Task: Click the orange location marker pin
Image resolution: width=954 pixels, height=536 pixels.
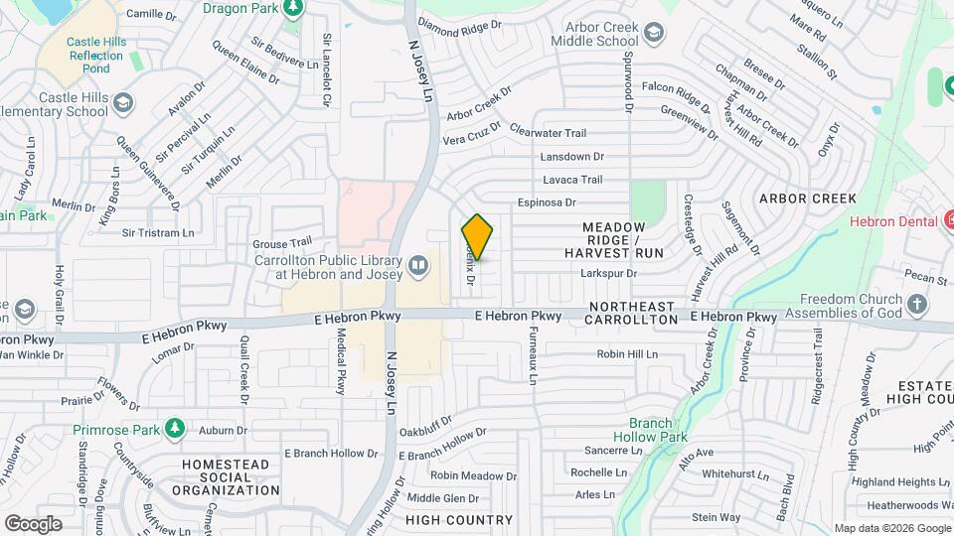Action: (477, 237)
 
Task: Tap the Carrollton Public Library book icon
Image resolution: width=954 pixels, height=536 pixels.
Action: (418, 265)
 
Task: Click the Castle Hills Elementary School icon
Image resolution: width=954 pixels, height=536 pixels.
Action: (122, 103)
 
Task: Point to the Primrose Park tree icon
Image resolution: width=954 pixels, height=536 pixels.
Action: (175, 428)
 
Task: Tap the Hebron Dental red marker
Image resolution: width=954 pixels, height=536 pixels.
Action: (948, 219)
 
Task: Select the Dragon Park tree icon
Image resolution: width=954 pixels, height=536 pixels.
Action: (292, 9)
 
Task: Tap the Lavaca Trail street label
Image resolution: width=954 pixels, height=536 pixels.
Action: (572, 180)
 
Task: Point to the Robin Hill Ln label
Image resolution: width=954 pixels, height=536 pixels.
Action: (627, 353)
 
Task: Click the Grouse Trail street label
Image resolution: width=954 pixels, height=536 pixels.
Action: (282, 242)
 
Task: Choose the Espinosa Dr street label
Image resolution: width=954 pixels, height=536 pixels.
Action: (547, 202)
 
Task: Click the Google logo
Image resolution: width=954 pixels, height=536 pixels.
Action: (33, 523)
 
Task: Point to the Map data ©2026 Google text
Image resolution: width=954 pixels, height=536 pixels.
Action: (891, 528)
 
